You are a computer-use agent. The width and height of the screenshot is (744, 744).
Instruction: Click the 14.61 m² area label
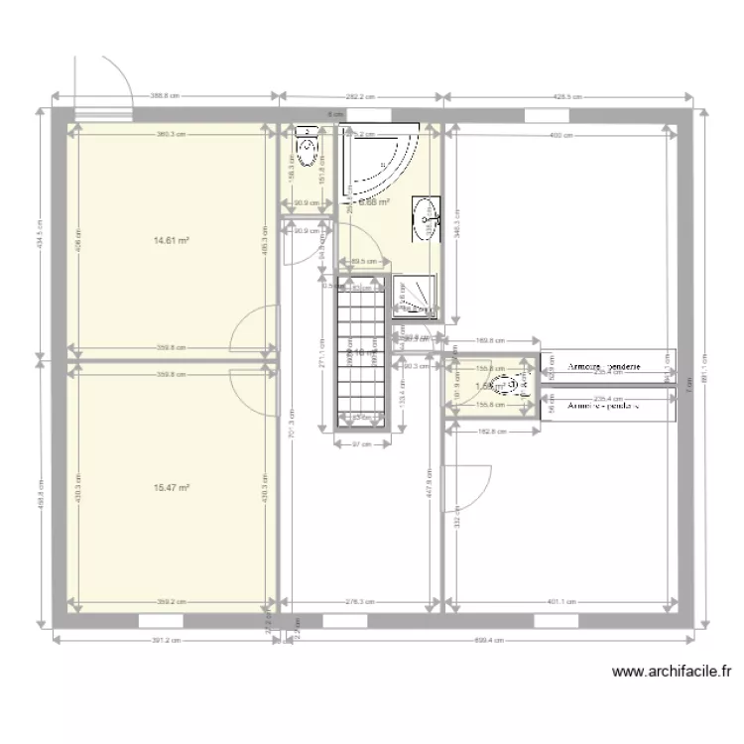pyautogui.click(x=172, y=240)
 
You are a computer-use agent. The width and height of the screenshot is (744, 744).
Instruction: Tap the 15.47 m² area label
pyautogui.click(x=172, y=487)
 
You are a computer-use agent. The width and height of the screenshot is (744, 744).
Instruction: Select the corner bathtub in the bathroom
pyautogui.click(x=378, y=162)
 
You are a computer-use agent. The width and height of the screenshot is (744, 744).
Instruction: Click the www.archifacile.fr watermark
pyautogui.click(x=672, y=672)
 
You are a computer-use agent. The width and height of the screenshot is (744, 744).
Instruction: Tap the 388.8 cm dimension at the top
pyautogui.click(x=165, y=96)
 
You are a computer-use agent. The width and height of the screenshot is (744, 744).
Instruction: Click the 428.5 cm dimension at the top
pyautogui.click(x=566, y=96)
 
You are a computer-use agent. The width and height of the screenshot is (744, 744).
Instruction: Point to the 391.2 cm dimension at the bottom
pyautogui.click(x=166, y=641)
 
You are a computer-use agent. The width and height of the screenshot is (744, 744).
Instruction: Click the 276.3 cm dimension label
pyautogui.click(x=359, y=600)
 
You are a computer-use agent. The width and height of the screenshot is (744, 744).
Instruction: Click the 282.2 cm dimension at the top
pyautogui.click(x=361, y=96)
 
